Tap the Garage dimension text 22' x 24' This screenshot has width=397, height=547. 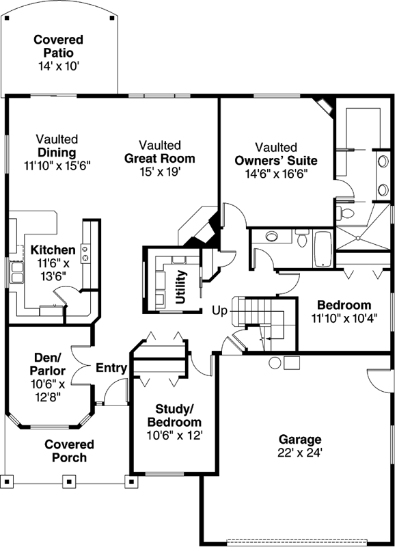[299, 452]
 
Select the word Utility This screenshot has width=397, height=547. [181, 287]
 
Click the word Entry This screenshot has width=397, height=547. [111, 369]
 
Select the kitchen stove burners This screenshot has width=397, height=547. [86, 252]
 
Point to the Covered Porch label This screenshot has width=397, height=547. [69, 451]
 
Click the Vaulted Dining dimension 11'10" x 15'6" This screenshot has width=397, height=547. [57, 165]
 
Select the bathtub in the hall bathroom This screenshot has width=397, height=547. [322, 250]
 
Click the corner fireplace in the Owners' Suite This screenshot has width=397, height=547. [322, 105]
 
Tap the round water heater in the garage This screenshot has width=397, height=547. [275, 362]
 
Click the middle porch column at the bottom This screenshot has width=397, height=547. [69, 480]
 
